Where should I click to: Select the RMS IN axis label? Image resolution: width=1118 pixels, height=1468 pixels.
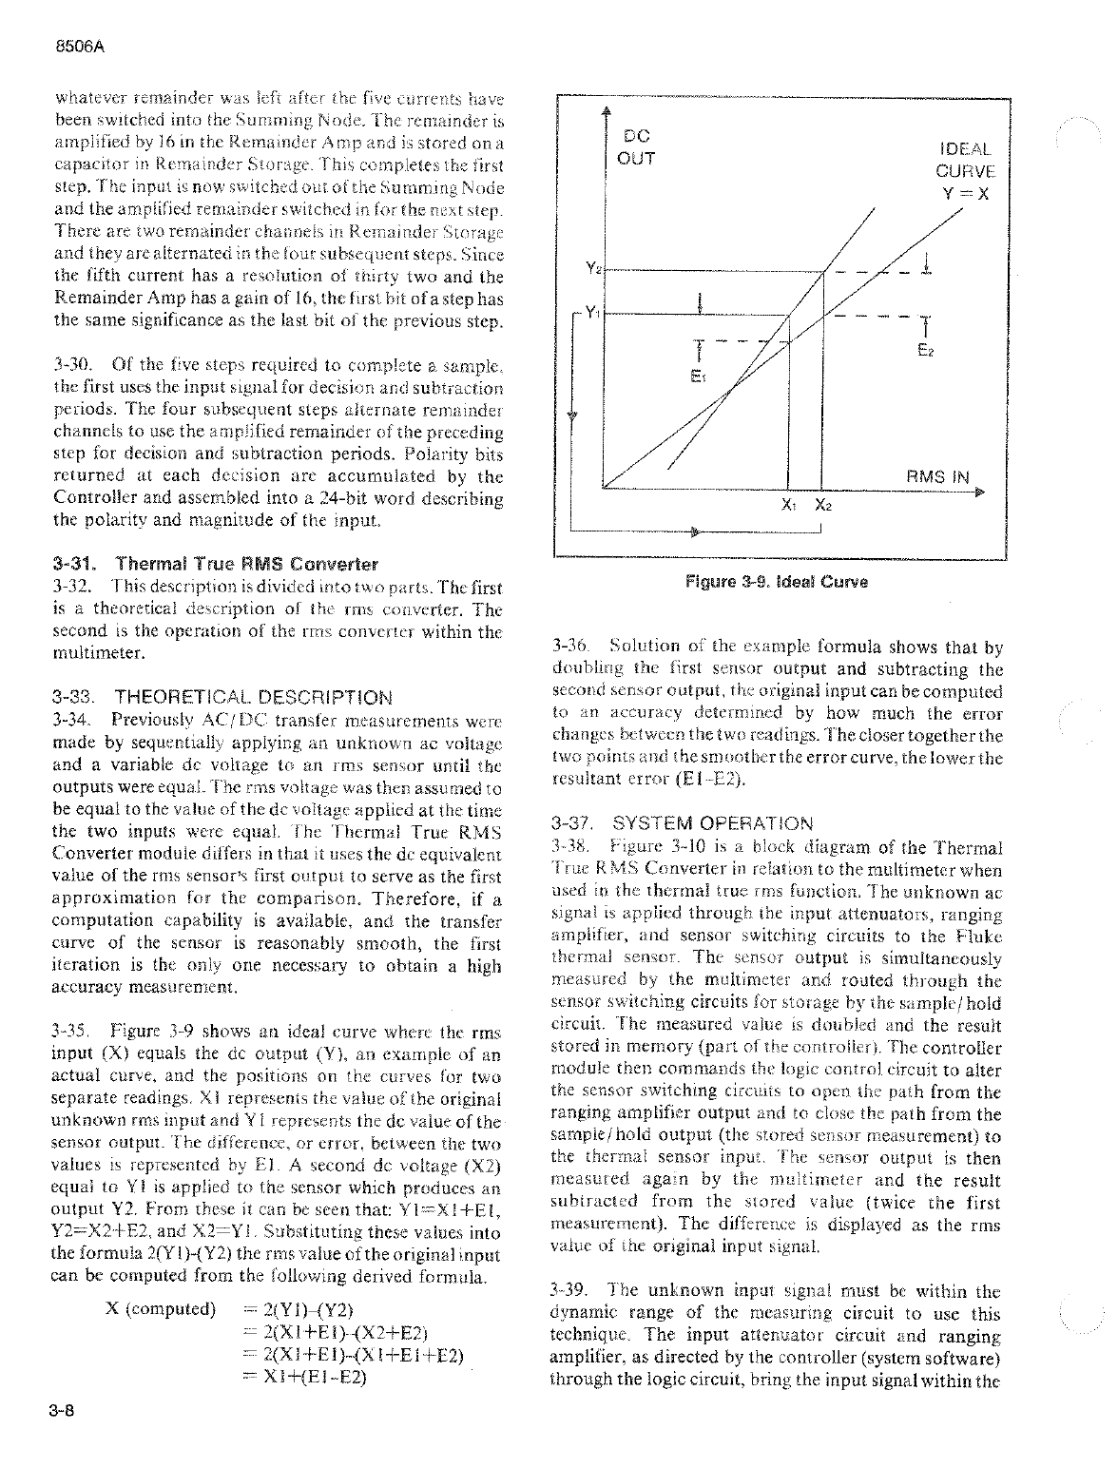[936, 477]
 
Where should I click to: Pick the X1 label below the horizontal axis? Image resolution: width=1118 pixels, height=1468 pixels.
[789, 506]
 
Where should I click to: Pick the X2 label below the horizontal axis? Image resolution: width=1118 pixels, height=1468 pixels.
[821, 506]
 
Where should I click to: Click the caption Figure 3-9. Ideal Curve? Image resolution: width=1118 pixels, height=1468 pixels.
[777, 582]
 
